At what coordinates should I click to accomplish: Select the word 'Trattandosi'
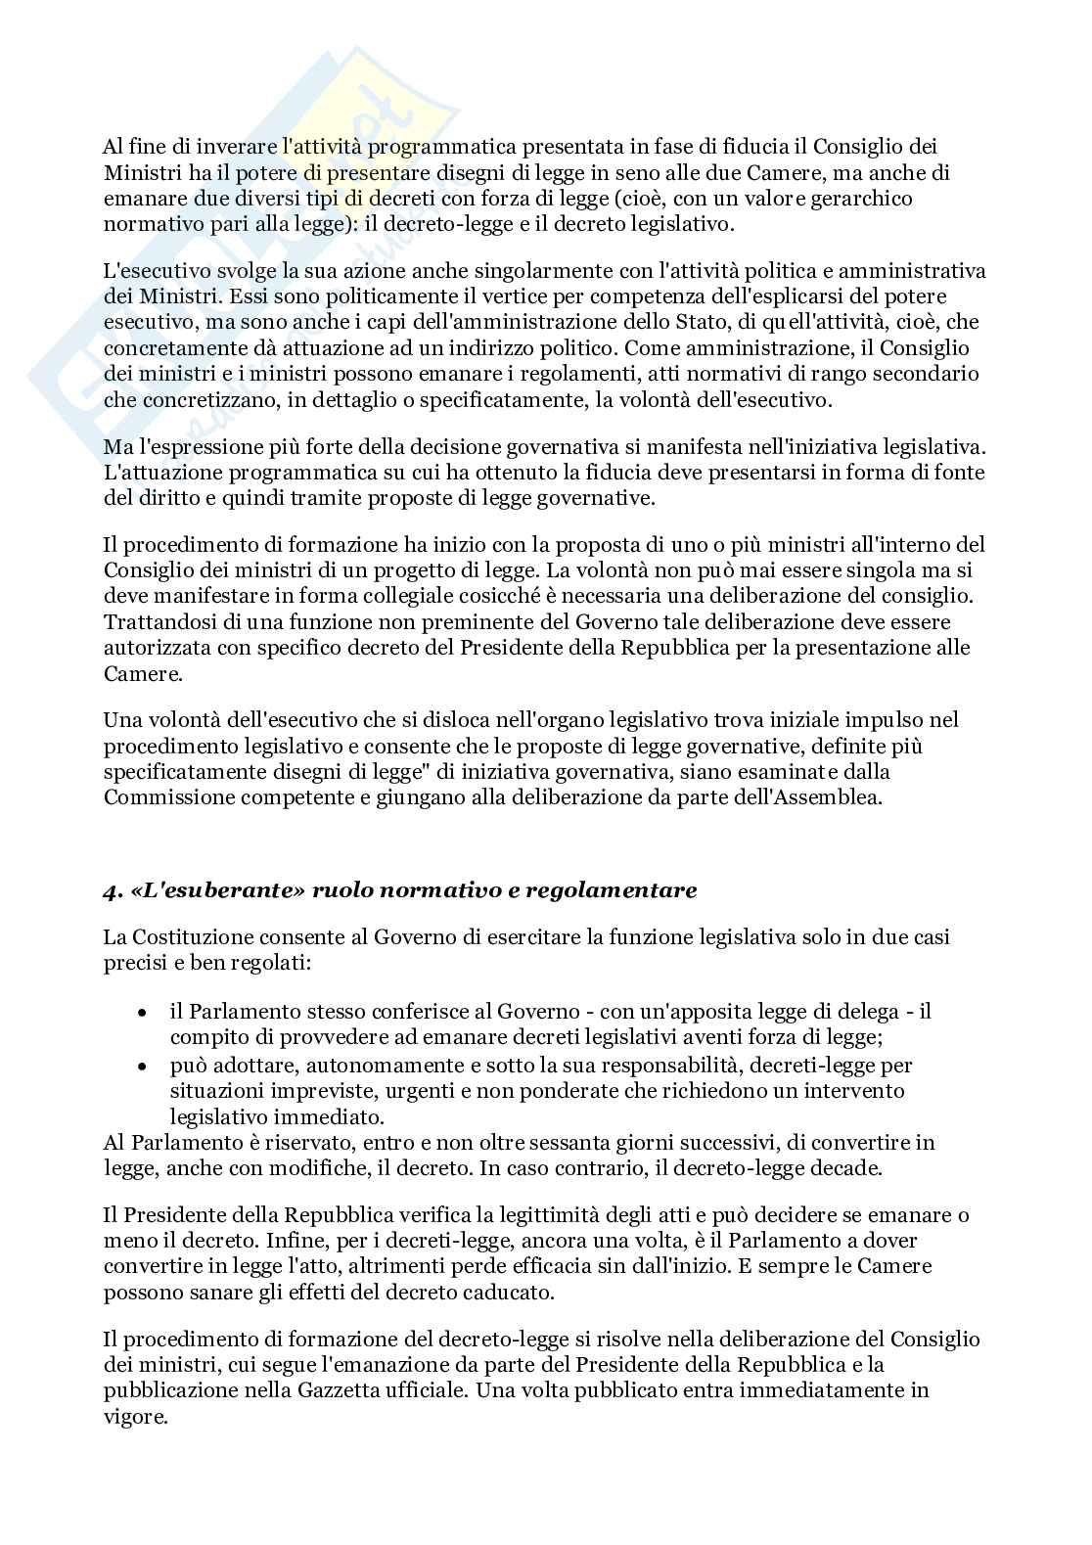coord(151,621)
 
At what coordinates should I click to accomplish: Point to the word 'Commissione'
coord(162,797)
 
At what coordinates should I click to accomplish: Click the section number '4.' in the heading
coord(113,890)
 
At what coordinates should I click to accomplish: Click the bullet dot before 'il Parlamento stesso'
coord(143,1012)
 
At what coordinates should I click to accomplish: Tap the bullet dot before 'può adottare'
coord(143,1065)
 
